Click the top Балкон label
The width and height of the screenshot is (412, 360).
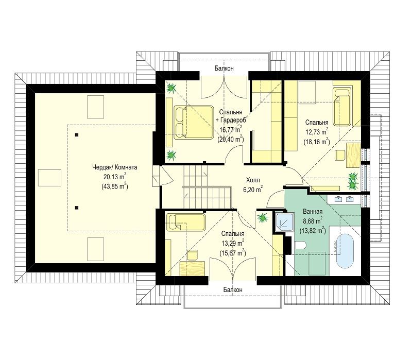224,68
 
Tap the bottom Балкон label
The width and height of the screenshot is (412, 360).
233,289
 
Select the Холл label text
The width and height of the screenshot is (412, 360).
253,180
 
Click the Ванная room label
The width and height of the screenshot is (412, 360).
313,212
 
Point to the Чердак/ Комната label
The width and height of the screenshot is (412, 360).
114,167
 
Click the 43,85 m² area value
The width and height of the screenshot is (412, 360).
114,186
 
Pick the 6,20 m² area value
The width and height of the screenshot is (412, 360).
253,189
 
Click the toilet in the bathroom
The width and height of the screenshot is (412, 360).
300,246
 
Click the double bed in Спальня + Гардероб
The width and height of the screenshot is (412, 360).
194,123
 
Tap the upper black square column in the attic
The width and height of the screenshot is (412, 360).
77,135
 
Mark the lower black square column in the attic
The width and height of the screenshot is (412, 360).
77,208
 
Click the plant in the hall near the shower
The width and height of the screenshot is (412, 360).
263,217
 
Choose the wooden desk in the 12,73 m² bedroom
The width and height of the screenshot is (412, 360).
354,155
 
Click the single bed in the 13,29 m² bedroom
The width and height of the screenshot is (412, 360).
186,222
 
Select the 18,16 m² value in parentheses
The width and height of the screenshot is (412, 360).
317,142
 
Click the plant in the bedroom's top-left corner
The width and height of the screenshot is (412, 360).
171,88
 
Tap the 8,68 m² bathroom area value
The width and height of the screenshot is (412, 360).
313,221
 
